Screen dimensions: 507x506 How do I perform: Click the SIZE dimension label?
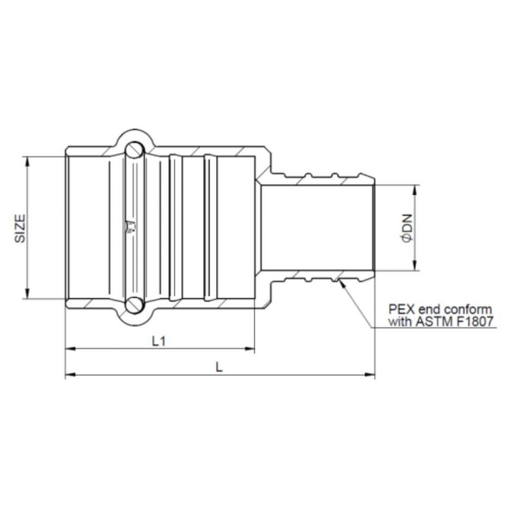coord(19,228)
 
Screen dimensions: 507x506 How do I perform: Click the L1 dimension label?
coord(159,341)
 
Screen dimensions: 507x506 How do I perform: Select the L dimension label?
coord(219,368)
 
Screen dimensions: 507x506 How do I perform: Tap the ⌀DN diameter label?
coord(407,228)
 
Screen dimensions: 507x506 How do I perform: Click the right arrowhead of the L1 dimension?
coord(250,349)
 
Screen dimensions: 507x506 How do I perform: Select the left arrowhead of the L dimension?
coord(70,375)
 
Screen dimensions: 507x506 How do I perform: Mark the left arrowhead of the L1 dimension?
coord(70,349)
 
